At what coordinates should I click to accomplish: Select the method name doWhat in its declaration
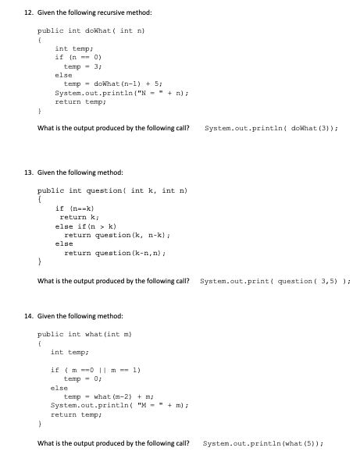101,30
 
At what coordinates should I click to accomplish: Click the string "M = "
135,404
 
